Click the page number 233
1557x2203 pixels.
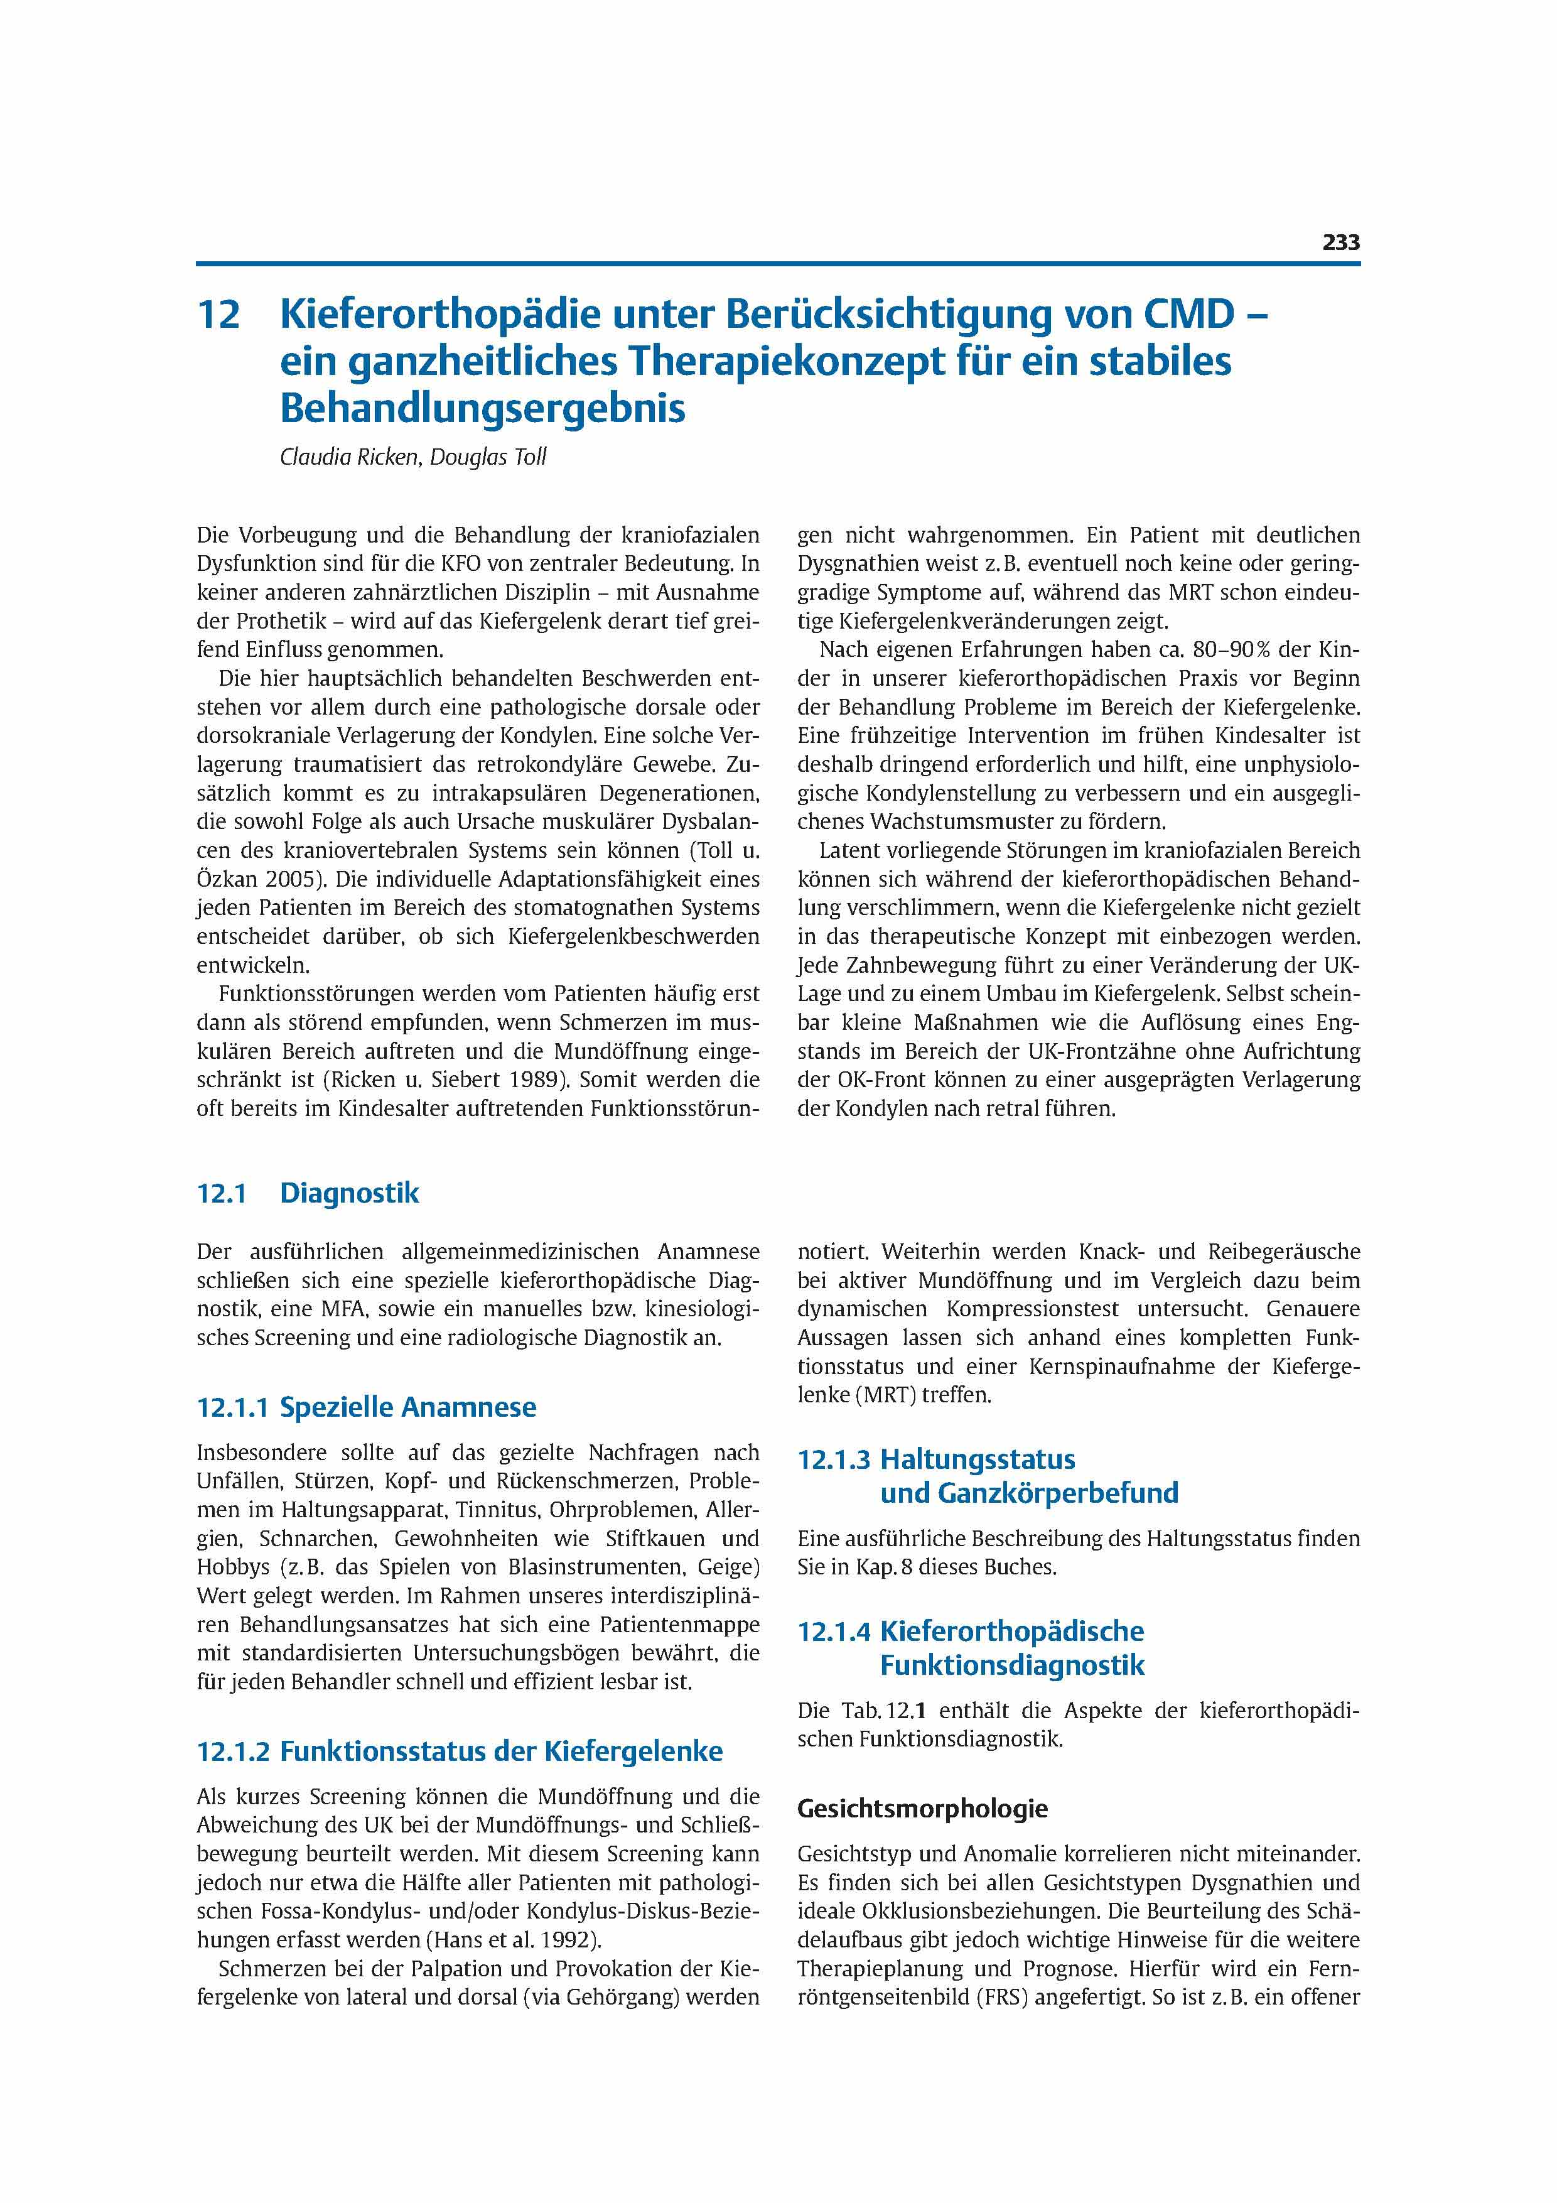point(1340,243)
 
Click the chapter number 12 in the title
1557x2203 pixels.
point(218,315)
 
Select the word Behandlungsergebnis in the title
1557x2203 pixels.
point(483,408)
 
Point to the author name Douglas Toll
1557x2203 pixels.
point(488,458)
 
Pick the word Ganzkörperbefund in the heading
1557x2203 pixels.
point(1030,1493)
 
